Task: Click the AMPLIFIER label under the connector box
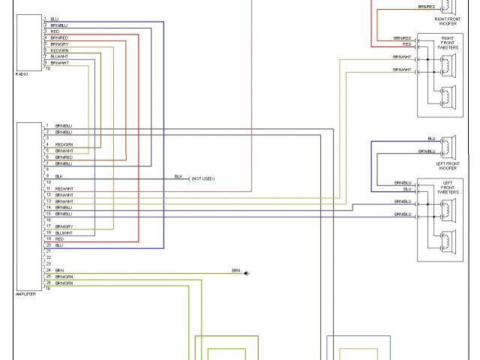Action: click(x=25, y=293)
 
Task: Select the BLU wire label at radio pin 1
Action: click(x=54, y=19)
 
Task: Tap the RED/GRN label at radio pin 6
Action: click(x=59, y=50)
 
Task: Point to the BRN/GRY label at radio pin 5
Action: click(x=59, y=44)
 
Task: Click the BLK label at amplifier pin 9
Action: click(x=58, y=175)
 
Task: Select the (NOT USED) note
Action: click(x=202, y=178)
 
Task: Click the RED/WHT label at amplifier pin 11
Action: click(x=64, y=188)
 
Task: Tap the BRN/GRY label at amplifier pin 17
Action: click(x=64, y=226)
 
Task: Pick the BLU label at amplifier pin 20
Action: click(x=58, y=244)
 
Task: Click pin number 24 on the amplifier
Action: click(x=47, y=270)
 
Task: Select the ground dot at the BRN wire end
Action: click(x=247, y=273)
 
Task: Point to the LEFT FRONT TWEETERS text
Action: click(x=448, y=187)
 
